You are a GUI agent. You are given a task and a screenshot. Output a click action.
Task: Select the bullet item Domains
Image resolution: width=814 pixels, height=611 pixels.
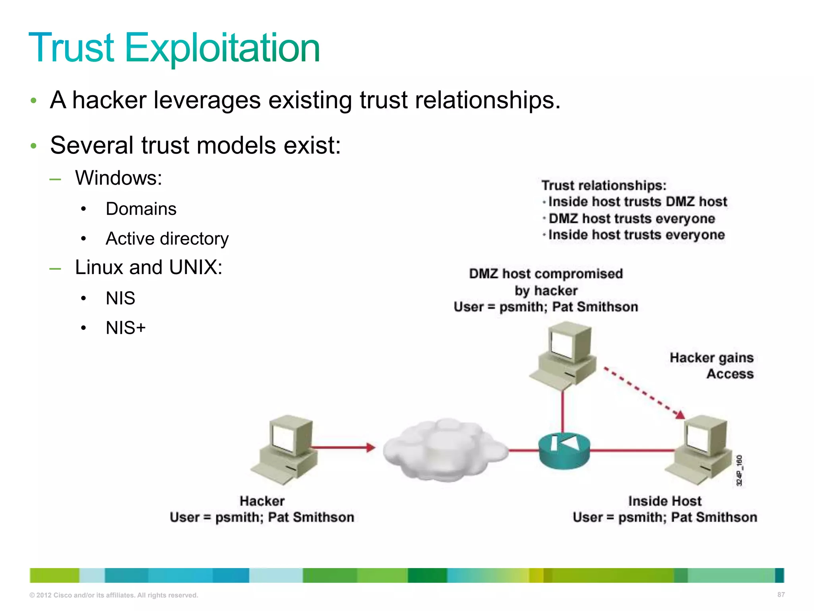pyautogui.click(x=141, y=209)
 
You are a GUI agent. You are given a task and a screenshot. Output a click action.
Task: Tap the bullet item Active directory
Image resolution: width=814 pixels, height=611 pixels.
pyautogui.click(x=167, y=239)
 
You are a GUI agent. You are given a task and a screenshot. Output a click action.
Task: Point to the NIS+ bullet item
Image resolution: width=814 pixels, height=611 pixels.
pyautogui.click(x=126, y=328)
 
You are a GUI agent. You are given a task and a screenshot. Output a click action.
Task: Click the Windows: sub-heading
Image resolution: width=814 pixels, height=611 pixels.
pyautogui.click(x=118, y=178)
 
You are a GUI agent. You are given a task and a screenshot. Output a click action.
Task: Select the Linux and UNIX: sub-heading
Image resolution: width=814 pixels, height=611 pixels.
pyautogui.click(x=148, y=267)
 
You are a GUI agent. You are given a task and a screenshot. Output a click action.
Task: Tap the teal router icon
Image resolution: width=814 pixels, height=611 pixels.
pyautogui.click(x=564, y=450)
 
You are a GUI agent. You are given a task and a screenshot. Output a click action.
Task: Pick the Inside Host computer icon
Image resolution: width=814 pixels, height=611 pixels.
pyautogui.click(x=700, y=449)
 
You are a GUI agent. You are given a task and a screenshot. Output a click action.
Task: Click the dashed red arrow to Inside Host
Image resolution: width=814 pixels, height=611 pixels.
pyautogui.click(x=642, y=392)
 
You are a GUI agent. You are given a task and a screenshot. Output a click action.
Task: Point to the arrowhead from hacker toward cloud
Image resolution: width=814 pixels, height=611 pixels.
pyautogui.click(x=370, y=448)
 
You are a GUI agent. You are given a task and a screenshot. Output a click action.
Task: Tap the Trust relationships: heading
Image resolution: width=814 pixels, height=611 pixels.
pyautogui.click(x=604, y=185)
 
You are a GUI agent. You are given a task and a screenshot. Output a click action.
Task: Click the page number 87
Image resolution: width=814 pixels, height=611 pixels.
pyautogui.click(x=781, y=595)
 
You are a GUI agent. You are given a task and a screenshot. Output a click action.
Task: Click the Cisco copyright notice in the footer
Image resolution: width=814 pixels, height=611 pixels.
pyautogui.click(x=114, y=595)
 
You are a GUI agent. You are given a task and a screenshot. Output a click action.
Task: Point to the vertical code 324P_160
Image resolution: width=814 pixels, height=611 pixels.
pyautogui.click(x=739, y=471)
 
